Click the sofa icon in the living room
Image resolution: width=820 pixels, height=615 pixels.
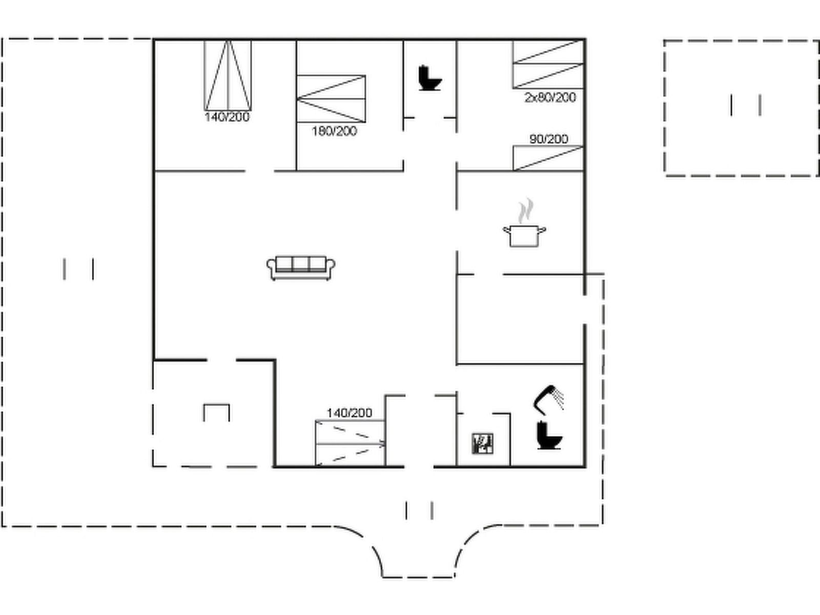tap(301, 268)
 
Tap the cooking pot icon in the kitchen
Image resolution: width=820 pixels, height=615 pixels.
tap(524, 236)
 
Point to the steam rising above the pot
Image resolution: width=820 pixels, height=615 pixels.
tap(525, 211)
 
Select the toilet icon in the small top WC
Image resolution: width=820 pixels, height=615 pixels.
tap(429, 78)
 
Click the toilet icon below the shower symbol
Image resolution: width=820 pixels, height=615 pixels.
tap(549, 435)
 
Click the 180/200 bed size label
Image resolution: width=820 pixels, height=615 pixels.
tap(334, 131)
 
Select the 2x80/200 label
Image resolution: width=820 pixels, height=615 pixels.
tap(550, 97)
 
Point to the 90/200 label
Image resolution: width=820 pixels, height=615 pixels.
tap(549, 139)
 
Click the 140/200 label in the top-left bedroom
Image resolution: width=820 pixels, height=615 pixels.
tap(227, 117)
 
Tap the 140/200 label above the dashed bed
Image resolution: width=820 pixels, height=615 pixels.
tap(350, 413)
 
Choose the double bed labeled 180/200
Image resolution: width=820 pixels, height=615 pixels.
tap(331, 98)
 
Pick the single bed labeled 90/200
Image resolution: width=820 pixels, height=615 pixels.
tap(548, 158)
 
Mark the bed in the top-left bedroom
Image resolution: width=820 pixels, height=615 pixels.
tap(228, 75)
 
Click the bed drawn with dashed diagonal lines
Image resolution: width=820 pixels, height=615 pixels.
tap(351, 443)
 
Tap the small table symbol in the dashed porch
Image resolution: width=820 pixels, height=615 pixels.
tap(216, 412)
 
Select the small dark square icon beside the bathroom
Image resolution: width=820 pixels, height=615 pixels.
tap(483, 443)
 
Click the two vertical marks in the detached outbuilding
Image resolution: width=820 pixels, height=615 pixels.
tap(746, 105)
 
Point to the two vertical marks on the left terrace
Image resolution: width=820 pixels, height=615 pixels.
tap(78, 269)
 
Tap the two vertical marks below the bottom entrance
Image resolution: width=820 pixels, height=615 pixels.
tap(419, 510)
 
